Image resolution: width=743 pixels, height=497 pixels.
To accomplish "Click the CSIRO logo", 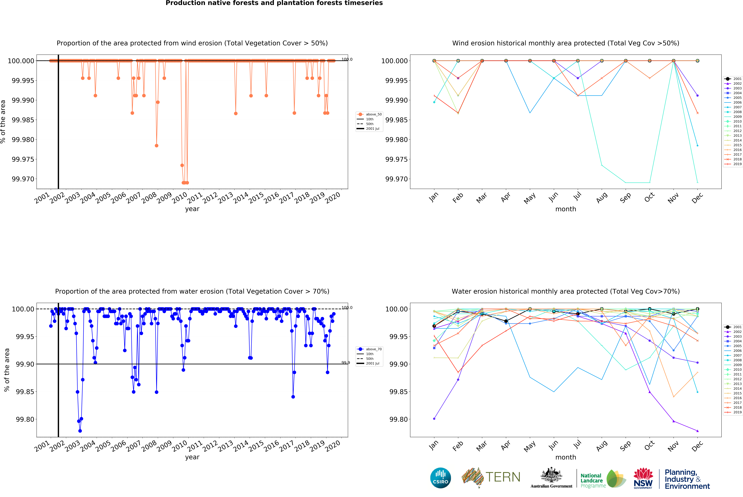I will [x=440, y=478].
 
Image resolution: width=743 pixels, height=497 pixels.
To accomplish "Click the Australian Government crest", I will [x=551, y=475].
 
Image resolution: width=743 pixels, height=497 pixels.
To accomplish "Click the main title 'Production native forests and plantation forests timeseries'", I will [x=274, y=3].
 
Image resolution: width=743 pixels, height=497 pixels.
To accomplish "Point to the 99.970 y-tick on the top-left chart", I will [x=23, y=179].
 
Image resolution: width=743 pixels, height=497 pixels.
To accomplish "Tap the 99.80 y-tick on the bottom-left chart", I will [x=25, y=419].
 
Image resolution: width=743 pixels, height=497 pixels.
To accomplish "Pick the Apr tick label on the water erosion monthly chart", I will [x=506, y=446].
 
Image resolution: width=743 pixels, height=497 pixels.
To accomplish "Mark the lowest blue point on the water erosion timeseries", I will [x=80, y=431].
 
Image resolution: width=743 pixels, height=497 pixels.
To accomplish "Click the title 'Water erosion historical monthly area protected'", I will [x=565, y=291].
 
